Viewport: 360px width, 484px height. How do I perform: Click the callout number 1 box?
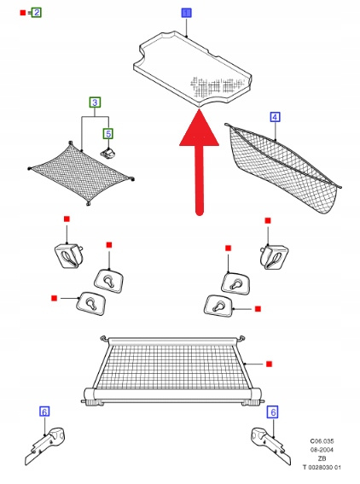[x=186, y=13]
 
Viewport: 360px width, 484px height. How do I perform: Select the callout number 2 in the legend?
[x=37, y=13]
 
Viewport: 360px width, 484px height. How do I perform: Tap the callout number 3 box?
[x=95, y=102]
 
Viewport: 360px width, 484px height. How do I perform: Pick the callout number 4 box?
[x=275, y=117]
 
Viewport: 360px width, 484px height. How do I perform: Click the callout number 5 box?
[x=108, y=134]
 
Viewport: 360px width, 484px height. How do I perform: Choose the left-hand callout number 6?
[x=44, y=411]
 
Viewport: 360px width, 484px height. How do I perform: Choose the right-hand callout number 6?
[x=273, y=412]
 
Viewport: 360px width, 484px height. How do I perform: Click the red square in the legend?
[x=23, y=13]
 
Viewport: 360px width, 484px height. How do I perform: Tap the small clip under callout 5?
[x=108, y=154]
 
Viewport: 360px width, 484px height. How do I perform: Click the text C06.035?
[x=322, y=441]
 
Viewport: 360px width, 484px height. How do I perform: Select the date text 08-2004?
[x=322, y=450]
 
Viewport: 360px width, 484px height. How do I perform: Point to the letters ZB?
[x=322, y=458]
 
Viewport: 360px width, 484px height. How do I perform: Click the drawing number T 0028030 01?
[x=322, y=467]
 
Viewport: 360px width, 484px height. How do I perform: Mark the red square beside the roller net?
[x=269, y=364]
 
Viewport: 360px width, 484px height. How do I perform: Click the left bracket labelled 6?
[x=44, y=446]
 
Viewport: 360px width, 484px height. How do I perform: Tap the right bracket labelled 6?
[x=271, y=446]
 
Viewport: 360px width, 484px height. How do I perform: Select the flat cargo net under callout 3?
[x=81, y=173]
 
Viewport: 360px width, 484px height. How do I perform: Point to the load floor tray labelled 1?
[x=193, y=68]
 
